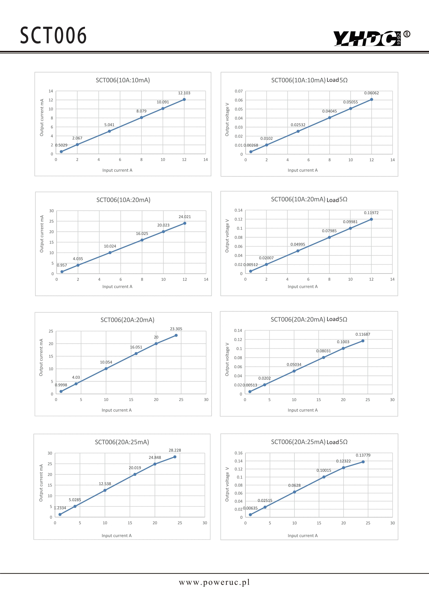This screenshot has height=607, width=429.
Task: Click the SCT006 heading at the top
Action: [x=53, y=35]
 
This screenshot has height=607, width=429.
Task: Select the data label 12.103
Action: [x=184, y=93]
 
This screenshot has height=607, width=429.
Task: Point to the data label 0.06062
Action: [x=371, y=93]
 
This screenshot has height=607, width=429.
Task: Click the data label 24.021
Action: [x=185, y=217]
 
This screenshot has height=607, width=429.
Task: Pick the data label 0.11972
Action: [x=371, y=213]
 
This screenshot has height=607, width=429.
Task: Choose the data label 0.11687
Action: [x=363, y=334]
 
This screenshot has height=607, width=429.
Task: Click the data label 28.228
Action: [x=175, y=450]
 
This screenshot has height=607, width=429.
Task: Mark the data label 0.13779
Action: [x=363, y=455]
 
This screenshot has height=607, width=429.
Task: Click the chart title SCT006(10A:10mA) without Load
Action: [x=123, y=80]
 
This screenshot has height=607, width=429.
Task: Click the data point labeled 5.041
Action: [x=109, y=131]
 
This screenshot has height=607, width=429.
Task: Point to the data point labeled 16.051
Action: [x=136, y=353]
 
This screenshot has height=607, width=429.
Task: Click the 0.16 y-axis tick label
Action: [x=239, y=453]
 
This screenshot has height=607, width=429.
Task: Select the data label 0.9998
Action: [x=61, y=385]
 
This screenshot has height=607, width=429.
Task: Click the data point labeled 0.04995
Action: [x=298, y=251]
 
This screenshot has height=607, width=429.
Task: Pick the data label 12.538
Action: [x=105, y=484]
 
